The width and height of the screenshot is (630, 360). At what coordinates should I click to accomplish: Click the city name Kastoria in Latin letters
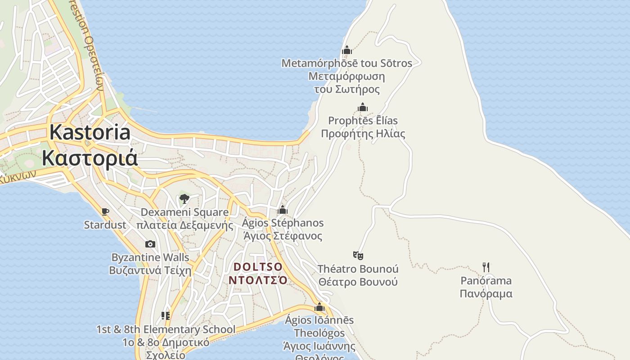pyautogui.click(x=90, y=132)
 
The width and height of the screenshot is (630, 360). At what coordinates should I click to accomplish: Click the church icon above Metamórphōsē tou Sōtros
pyautogui.click(x=346, y=50)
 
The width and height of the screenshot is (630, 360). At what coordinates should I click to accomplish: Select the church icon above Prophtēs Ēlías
pyautogui.click(x=363, y=107)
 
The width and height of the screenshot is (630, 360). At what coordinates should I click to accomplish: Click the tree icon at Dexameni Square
pyautogui.click(x=184, y=198)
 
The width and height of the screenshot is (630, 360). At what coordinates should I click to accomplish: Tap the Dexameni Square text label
pyautogui.click(x=184, y=212)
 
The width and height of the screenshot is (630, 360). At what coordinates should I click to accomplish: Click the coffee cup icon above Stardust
pyautogui.click(x=105, y=211)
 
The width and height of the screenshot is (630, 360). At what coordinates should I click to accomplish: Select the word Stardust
pyautogui.click(x=105, y=225)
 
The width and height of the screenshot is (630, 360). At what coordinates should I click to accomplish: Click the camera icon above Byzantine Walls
pyautogui.click(x=150, y=244)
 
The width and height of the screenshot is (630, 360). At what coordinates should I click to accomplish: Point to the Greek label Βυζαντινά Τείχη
pyautogui.click(x=150, y=270)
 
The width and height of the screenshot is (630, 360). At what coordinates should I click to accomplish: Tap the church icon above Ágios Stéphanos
pyautogui.click(x=283, y=210)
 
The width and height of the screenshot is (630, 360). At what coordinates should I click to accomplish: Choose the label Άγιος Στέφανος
pyautogui.click(x=283, y=236)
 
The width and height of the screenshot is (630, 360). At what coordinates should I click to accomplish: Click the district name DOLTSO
pyautogui.click(x=258, y=267)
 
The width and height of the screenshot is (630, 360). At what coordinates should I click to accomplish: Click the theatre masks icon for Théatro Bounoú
pyautogui.click(x=358, y=256)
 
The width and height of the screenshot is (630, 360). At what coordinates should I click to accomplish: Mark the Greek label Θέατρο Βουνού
pyautogui.click(x=358, y=282)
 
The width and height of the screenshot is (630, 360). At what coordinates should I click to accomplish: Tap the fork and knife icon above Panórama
pyautogui.click(x=486, y=267)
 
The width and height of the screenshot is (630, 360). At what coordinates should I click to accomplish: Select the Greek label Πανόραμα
pyautogui.click(x=486, y=294)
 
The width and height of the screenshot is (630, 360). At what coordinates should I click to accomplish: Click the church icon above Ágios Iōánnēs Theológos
pyautogui.click(x=319, y=307)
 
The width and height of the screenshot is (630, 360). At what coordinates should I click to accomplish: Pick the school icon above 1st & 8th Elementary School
pyautogui.click(x=166, y=316)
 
